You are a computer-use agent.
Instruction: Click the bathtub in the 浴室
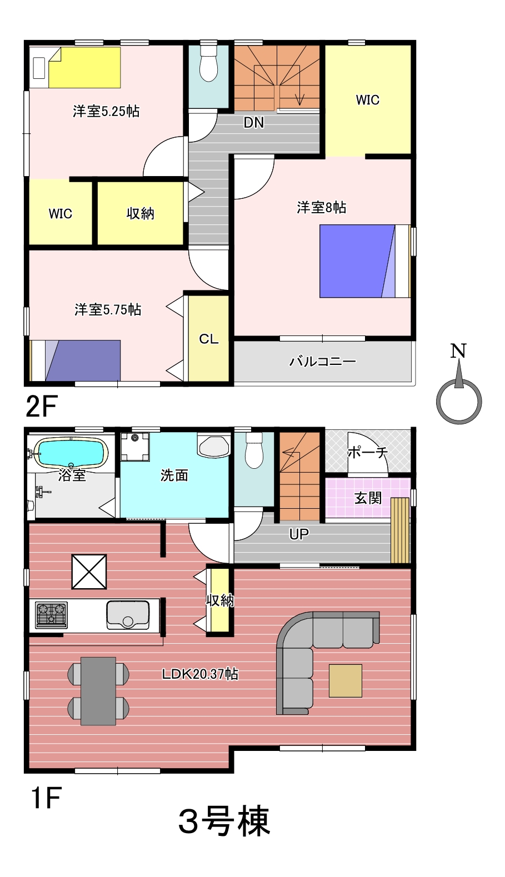(71, 452)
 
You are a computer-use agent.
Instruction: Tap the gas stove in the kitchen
(51, 615)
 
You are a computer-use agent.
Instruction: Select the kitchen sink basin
(128, 615)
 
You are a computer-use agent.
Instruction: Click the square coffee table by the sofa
(345, 680)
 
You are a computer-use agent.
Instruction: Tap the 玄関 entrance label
(368, 498)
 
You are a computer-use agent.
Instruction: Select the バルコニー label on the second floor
(323, 361)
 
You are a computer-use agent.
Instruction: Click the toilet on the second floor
(209, 63)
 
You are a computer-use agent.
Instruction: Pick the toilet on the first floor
(254, 450)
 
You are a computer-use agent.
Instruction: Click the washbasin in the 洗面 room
(213, 445)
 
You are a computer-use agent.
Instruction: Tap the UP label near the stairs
(299, 534)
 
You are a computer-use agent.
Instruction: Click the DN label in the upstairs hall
(254, 123)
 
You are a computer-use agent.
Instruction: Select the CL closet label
(208, 339)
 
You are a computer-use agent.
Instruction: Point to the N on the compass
(458, 350)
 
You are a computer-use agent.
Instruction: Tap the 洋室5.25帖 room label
(106, 111)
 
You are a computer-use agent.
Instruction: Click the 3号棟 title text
(224, 821)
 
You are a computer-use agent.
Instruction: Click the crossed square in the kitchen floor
(89, 572)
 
